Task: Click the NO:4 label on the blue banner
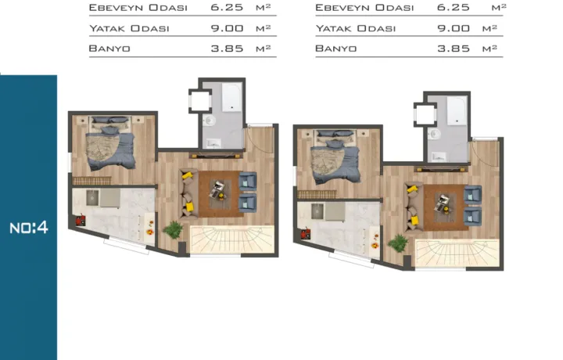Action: click(29, 228)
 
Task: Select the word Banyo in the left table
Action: click(109, 49)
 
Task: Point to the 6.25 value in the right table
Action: click(453, 7)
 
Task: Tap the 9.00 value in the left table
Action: click(227, 28)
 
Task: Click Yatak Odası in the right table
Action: click(356, 28)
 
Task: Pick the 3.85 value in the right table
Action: click(454, 49)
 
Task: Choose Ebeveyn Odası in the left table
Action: click(138, 8)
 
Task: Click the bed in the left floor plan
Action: click(110, 142)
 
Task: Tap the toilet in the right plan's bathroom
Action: click(435, 134)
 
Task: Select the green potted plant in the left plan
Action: click(174, 229)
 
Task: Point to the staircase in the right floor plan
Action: click(457, 254)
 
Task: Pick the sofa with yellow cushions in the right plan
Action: click(414, 207)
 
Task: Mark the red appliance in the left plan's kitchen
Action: click(81, 220)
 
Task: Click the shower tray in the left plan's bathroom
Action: click(231, 97)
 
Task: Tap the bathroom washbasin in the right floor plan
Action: click(439, 157)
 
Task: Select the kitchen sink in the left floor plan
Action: click(92, 197)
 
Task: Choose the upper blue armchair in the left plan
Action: click(247, 181)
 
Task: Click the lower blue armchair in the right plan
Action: click(472, 217)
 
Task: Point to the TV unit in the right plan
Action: click(442, 169)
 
